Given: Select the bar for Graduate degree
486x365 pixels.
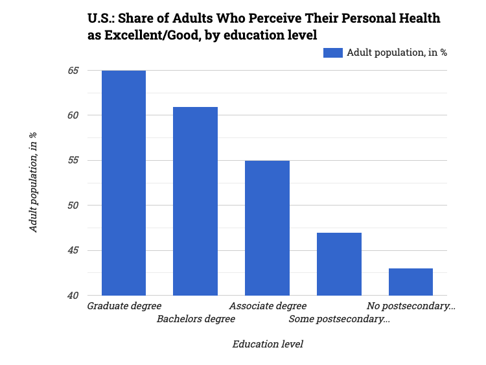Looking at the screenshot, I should click(124, 183).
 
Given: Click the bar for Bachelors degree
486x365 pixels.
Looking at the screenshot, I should click(195, 201).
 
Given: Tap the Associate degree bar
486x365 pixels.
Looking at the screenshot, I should click(267, 228).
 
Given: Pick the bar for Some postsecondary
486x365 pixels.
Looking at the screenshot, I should click(339, 264).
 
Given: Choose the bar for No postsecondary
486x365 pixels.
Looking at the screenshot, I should click(411, 282).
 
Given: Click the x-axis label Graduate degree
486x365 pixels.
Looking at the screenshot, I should click(124, 305).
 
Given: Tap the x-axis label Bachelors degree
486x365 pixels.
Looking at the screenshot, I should click(196, 319).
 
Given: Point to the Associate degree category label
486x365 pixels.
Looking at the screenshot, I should click(268, 305).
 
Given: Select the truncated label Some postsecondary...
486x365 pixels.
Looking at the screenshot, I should click(339, 319).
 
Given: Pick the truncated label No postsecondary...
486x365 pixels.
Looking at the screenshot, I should click(411, 305).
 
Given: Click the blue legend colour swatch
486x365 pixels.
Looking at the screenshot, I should click(332, 53).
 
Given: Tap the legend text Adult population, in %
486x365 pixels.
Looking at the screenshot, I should click(397, 53).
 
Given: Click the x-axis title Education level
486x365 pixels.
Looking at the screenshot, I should click(268, 344).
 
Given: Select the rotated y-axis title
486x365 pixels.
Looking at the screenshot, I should click(33, 182).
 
